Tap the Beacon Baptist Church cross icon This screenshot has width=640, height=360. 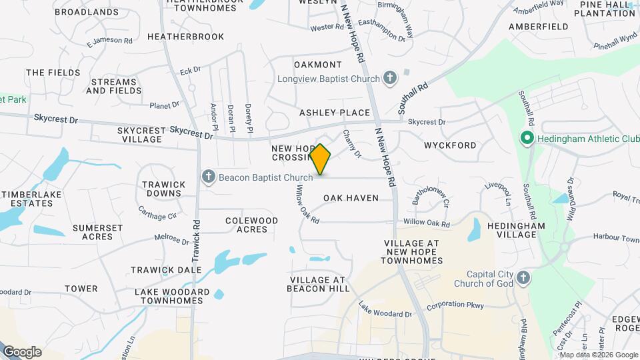[x=209, y=177]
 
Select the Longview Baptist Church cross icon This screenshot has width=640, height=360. [x=391, y=79]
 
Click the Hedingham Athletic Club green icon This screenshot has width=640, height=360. [x=527, y=139]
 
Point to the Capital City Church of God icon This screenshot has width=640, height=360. [x=523, y=279]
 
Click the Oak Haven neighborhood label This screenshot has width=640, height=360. [x=351, y=198]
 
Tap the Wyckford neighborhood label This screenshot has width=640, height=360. [x=450, y=145]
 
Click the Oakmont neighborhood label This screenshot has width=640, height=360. [x=317, y=65]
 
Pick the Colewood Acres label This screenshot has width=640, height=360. [x=251, y=225]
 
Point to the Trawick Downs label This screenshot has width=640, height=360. [x=163, y=189]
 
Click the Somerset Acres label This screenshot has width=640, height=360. [x=97, y=232]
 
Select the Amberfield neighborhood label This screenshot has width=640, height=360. [x=538, y=27]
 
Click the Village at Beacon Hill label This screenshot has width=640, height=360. [x=318, y=284]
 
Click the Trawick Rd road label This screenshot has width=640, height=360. [x=197, y=241]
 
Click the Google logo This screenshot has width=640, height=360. [x=22, y=351]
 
